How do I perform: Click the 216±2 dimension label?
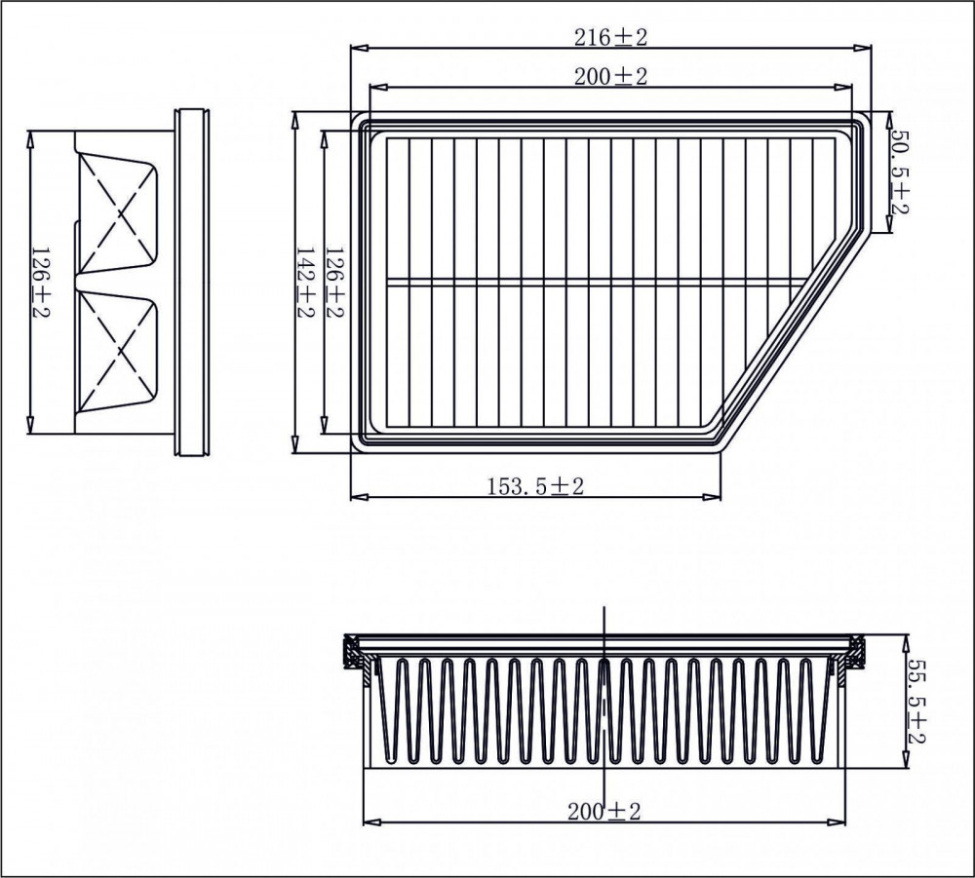tap(610, 38)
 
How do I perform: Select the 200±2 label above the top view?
tap(610, 76)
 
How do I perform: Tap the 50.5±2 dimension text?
tap(899, 172)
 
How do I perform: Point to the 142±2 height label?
tap(304, 283)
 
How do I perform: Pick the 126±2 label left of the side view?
tap(40, 283)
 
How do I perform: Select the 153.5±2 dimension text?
tap(535, 486)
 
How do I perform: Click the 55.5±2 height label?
tap(916, 701)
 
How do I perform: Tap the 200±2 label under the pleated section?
tap(604, 812)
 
